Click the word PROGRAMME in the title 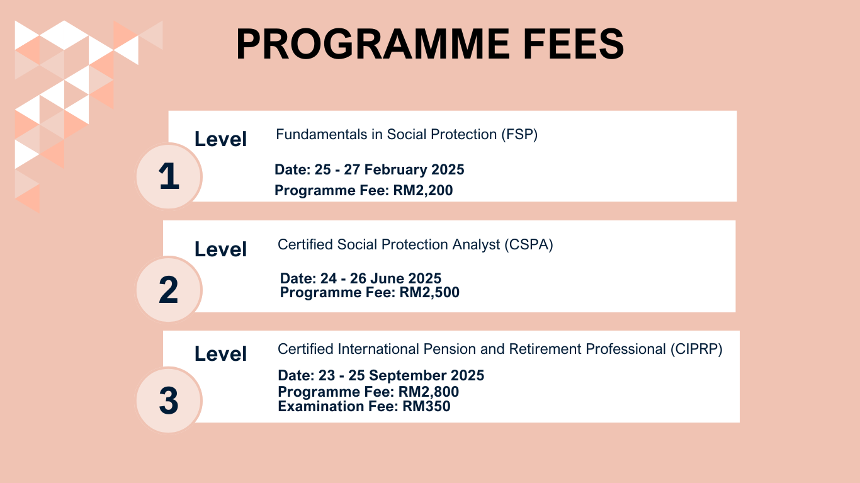click(373, 44)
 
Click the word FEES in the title click(574, 44)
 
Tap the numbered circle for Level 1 click(169, 176)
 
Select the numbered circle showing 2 click(169, 290)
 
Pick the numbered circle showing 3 click(169, 400)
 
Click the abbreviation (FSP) click(519, 134)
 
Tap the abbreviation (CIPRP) click(696, 349)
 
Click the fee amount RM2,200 click(423, 190)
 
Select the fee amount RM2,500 click(429, 292)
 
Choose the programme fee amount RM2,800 click(429, 392)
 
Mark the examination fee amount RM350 click(427, 406)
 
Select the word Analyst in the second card click(476, 245)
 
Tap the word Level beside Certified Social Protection click(220, 249)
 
